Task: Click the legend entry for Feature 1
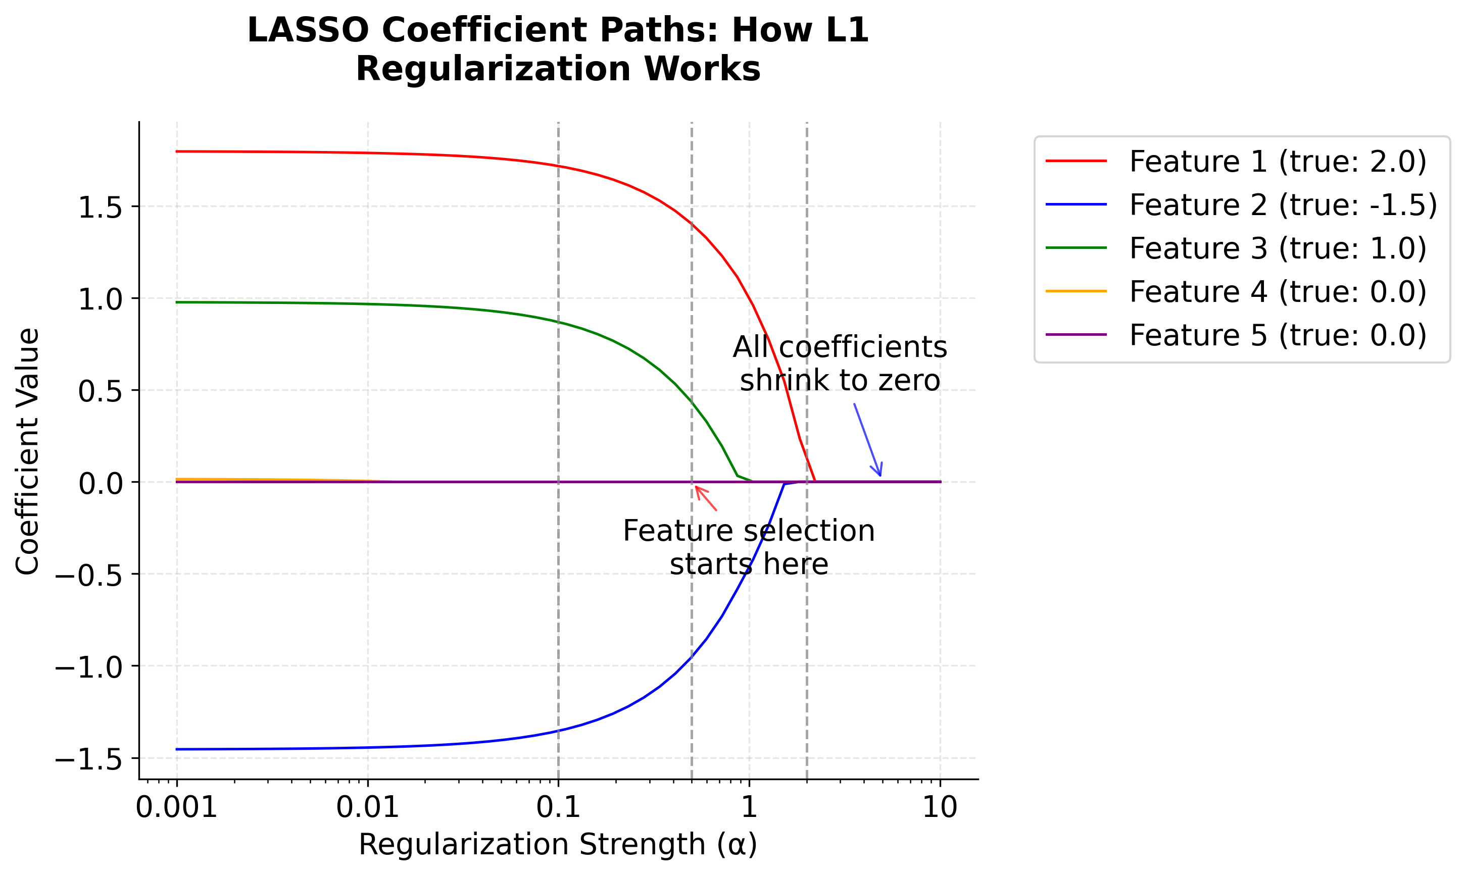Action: click(1277, 162)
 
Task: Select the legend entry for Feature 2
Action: click(1282, 205)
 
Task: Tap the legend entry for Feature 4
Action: click(1277, 292)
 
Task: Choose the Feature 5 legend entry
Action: click(1277, 335)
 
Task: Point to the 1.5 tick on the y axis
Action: click(100, 208)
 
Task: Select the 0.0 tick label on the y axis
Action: click(100, 484)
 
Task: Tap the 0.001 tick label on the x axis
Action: click(176, 807)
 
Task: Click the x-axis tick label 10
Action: click(940, 807)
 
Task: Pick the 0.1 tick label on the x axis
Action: click(558, 807)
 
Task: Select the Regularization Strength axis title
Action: click(558, 844)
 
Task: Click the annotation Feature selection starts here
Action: click(749, 547)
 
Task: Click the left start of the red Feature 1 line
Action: click(177, 151)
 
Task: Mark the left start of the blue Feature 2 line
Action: click(177, 749)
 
